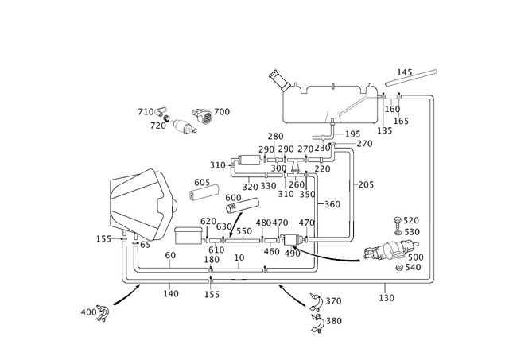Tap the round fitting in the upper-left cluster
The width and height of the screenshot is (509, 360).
(185, 126)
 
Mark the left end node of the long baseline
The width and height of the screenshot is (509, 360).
(124, 280)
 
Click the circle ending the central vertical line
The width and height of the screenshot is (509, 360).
(351, 238)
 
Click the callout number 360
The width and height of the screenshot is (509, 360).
(332, 204)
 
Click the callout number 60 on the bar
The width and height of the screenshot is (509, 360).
(197, 182)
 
